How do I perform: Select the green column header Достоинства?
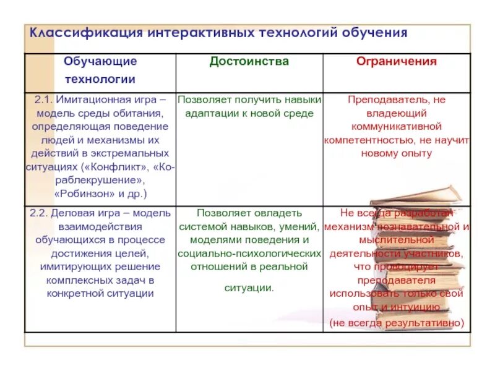[249, 61]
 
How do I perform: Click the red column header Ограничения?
[396, 61]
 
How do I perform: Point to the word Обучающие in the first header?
[100, 61]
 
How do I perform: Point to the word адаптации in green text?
[213, 113]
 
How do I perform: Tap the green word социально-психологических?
[249, 253]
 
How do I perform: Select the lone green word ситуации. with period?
[249, 288]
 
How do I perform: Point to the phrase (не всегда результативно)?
[396, 322]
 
